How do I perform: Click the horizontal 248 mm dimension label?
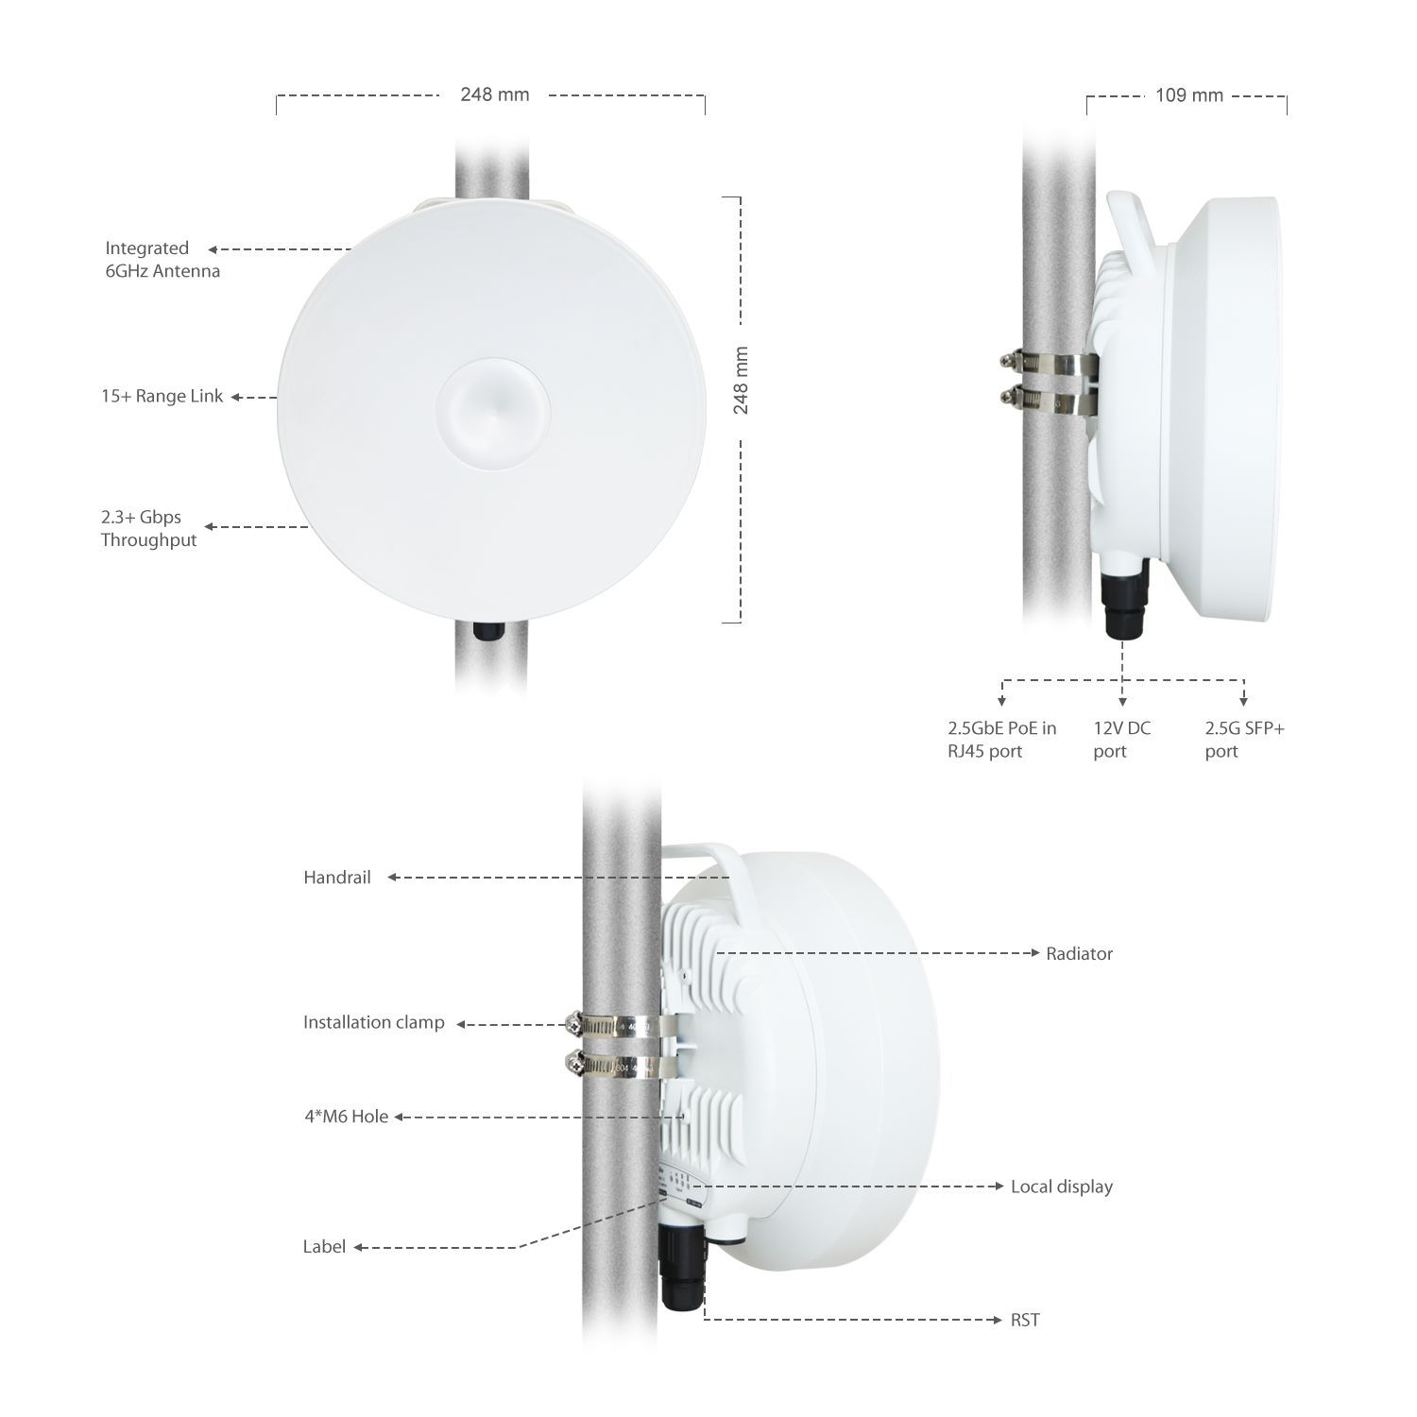[494, 94]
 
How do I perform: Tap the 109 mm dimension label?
[1188, 95]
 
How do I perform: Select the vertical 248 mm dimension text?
[741, 381]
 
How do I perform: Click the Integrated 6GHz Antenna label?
[162, 260]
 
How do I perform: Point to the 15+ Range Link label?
[162, 396]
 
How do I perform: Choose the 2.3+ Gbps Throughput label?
[148, 528]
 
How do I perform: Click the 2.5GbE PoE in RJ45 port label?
[1001, 740]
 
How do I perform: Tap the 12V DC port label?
[1122, 740]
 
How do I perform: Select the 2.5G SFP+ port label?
[1244, 740]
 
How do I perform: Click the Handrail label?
[337, 878]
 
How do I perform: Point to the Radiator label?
[1079, 954]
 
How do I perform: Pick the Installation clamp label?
[373, 1022]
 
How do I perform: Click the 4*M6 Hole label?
[346, 1117]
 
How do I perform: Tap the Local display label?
[1062, 1187]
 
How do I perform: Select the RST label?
[1025, 1320]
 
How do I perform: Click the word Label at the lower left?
[324, 1247]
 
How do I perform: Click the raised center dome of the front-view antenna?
[493, 412]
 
